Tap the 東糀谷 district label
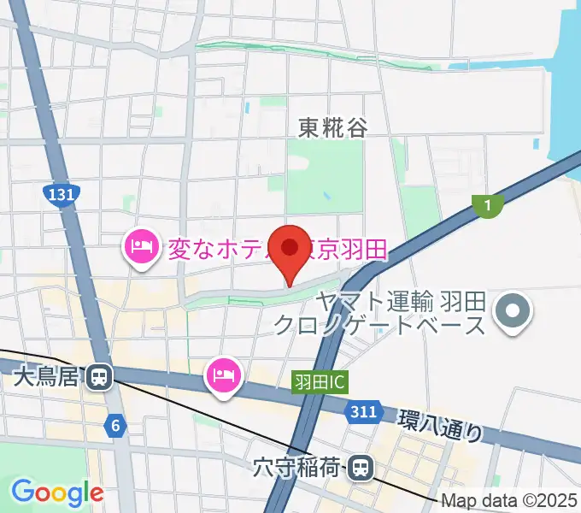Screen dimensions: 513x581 333,128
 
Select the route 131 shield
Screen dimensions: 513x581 62,195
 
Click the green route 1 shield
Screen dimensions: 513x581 487,204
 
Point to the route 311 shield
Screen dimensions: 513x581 362,413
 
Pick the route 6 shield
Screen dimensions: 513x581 116,423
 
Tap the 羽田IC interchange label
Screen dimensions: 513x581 319,381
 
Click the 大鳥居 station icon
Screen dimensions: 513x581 101,376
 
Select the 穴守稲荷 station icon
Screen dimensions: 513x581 362,467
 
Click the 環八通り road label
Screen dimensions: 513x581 440,425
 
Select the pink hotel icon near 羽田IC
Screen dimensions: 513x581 224,374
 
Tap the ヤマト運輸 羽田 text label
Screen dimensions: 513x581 400,301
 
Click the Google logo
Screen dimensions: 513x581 57,492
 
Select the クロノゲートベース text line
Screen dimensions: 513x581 379,325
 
